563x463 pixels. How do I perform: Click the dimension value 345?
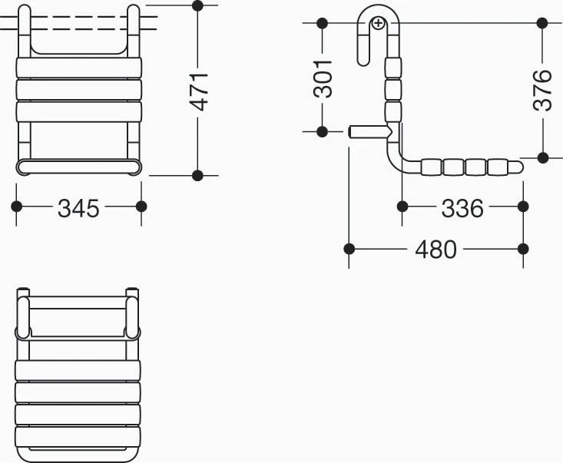pos(78,208)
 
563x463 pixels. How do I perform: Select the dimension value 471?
pos(199,91)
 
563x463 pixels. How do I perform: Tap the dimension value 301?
pos(323,79)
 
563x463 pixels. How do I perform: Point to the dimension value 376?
pos(542,90)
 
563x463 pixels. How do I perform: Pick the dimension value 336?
pos(462,208)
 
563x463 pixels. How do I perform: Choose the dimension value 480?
pos(436,250)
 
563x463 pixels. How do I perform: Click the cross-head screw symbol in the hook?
pos(379,23)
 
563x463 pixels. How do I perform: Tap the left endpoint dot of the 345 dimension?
pos(17,207)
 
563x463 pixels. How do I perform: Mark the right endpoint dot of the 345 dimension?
pos(141,207)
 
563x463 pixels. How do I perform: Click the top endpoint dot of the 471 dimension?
pos(197,5)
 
